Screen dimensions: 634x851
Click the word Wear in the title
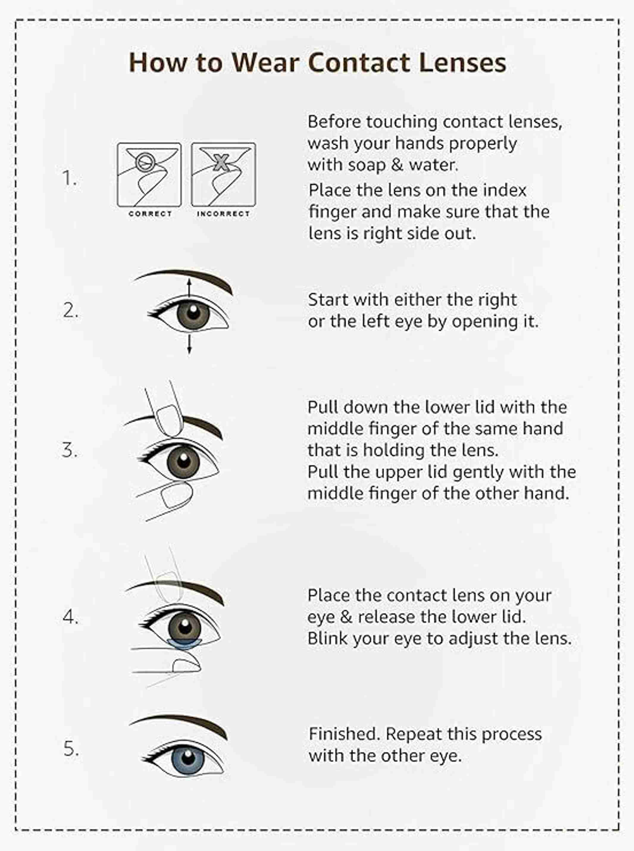pos(265,62)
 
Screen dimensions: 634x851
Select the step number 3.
pos(69,450)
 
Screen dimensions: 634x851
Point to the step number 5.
pos(71,749)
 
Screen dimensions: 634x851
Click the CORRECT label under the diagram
pos(150,214)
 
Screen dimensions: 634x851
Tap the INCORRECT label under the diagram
pos(223,214)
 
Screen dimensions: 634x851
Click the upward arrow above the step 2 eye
pos(189,288)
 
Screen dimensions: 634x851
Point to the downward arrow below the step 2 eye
pos(189,344)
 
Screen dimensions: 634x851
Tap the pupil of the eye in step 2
pos(192,312)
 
